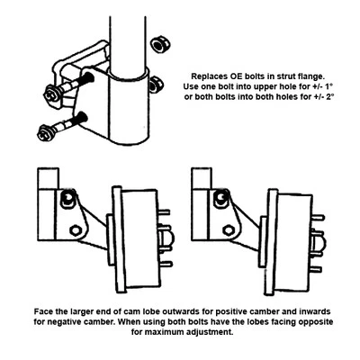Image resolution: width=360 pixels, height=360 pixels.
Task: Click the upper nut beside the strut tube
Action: [x=160, y=43]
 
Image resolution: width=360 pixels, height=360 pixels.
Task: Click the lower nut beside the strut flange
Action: [x=155, y=85]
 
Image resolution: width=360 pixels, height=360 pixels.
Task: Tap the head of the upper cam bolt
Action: [x=48, y=92]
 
